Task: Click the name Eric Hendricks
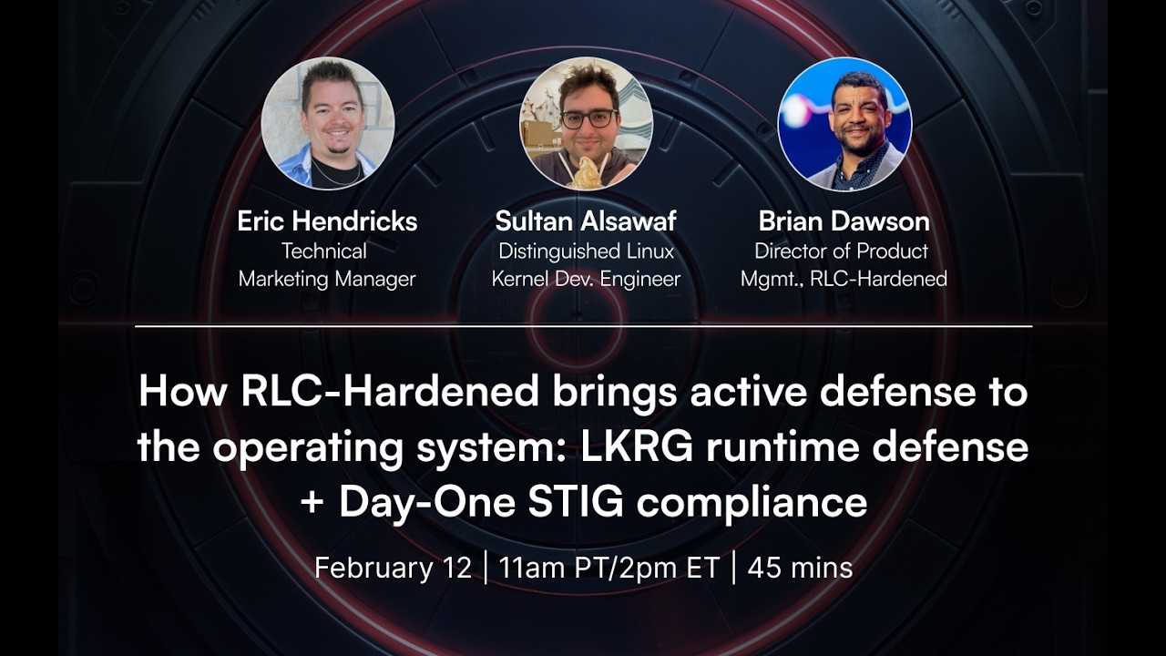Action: click(327, 221)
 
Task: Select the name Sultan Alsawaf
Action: click(586, 221)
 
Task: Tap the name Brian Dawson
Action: click(844, 221)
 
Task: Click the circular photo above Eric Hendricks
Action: click(328, 123)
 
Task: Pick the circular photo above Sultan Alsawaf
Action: click(586, 123)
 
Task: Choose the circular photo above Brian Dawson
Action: click(844, 123)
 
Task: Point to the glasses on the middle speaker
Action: click(588, 118)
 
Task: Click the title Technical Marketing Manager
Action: click(327, 265)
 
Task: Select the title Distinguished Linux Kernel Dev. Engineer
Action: click(586, 265)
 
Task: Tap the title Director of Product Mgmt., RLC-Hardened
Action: click(844, 265)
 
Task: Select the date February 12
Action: click(393, 568)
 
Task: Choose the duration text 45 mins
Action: click(800, 568)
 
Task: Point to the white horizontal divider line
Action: click(583, 325)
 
